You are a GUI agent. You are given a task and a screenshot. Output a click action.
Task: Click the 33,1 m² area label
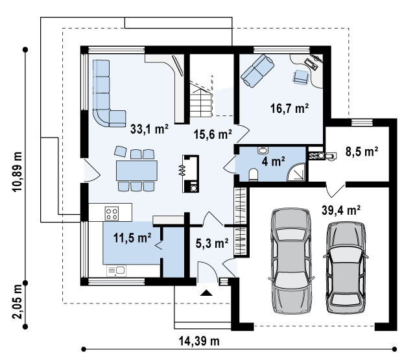coord(150,129)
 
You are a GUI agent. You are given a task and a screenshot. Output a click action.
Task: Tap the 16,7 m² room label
coord(290,108)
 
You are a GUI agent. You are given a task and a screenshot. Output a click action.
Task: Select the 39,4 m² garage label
coord(341,210)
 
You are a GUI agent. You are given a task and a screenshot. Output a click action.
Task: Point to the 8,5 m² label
coord(362,151)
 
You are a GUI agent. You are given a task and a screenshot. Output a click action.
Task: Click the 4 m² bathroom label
coord(274,162)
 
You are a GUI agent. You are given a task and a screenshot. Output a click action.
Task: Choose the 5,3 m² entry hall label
coord(212,243)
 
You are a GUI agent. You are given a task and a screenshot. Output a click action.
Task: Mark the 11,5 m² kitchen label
coord(132,237)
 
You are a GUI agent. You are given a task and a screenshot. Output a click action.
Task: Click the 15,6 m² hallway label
coord(213,134)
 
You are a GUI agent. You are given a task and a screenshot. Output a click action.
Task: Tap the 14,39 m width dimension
coord(199,341)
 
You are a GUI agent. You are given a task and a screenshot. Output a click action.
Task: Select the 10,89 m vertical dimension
coord(18,172)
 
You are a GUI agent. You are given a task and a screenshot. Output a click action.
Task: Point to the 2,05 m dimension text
coord(18,302)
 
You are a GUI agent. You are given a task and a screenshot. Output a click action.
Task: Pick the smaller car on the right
coord(346,267)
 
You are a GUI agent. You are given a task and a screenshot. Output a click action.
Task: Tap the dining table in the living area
coord(137,171)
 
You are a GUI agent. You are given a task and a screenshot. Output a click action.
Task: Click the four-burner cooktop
coord(112,213)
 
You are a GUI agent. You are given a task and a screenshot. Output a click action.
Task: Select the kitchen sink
coord(117,270)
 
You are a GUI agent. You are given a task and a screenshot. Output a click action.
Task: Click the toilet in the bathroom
coord(254,174)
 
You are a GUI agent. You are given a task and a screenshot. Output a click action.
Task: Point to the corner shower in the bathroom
coord(296,173)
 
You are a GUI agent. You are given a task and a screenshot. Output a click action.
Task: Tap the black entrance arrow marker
coord(206,293)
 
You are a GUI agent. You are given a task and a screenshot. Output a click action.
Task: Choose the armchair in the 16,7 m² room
coord(301,77)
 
